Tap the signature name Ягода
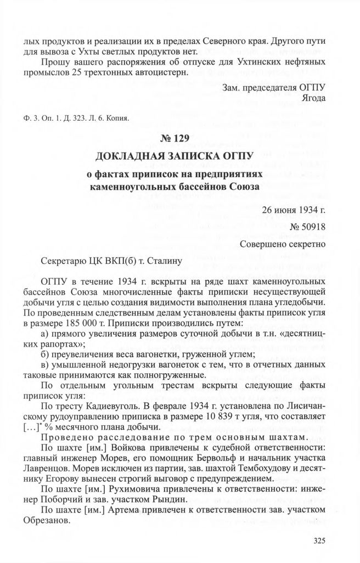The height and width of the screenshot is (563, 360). pyautogui.click(x=313, y=98)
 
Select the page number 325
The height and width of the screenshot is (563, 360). pyautogui.click(x=319, y=541)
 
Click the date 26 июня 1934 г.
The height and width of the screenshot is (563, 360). pyautogui.click(x=294, y=210)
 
